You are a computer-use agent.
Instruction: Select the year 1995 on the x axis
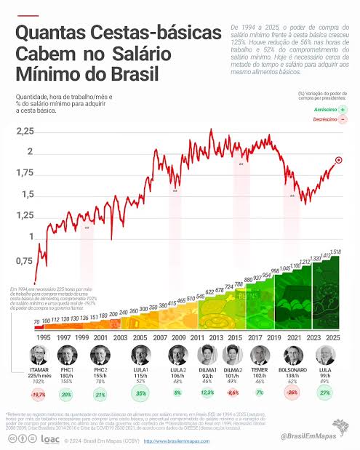[44, 337]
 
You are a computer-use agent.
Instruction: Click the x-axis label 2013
[217, 337]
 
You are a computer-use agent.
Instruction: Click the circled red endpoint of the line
[339, 160]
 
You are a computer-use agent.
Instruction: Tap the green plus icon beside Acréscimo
[342, 108]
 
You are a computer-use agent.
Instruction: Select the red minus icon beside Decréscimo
[342, 119]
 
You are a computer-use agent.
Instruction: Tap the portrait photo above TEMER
[260, 356]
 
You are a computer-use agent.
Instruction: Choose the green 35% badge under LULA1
[140, 394]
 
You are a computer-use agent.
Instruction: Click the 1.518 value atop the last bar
[335, 252]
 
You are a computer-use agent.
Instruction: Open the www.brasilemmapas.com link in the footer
[172, 441]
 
